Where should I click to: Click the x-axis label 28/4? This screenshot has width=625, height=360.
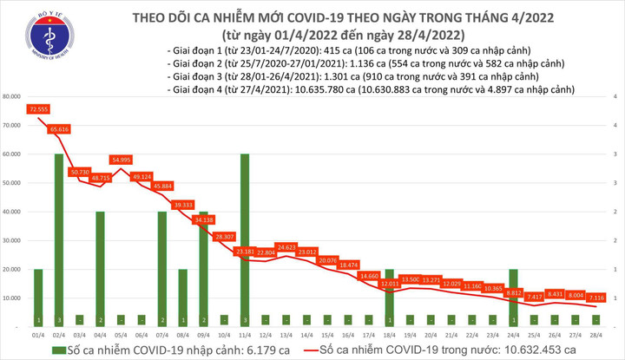(x=596, y=334)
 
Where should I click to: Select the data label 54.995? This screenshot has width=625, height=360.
(x=120, y=160)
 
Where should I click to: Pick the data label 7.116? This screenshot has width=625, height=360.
(x=596, y=297)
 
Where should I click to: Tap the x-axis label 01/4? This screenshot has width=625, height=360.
(x=37, y=334)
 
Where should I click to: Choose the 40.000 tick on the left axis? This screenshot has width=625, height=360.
(x=14, y=212)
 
